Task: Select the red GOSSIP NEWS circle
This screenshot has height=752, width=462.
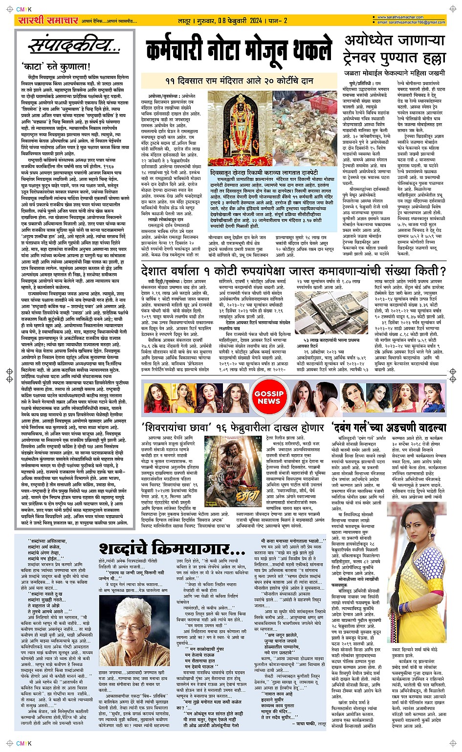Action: pos(269,397)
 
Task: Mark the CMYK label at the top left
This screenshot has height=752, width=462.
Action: pos(24,9)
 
